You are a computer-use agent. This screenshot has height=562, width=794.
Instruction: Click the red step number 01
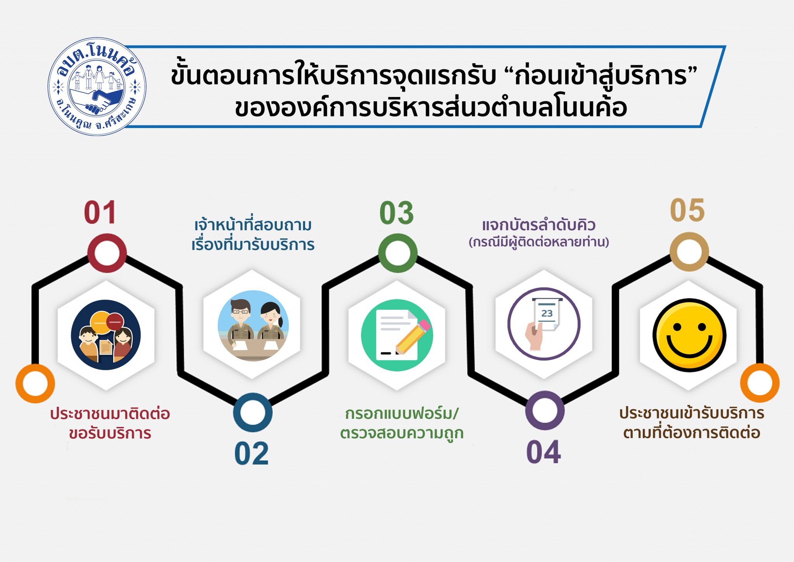100,213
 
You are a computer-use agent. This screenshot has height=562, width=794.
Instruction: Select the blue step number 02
251,453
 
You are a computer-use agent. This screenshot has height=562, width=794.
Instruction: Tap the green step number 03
397,213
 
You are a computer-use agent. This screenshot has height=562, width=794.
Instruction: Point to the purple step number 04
543,452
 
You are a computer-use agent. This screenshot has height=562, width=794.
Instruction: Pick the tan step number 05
687,210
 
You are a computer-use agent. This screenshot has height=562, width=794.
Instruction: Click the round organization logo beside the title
97,87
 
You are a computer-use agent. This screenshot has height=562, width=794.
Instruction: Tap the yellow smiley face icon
689,335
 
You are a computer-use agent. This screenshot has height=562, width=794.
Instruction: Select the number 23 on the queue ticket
547,313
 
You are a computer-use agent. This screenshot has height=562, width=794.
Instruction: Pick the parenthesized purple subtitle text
539,242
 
